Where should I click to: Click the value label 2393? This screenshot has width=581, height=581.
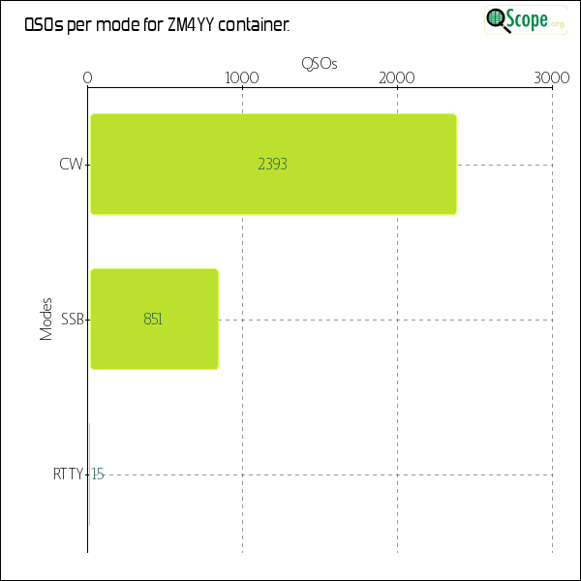272,165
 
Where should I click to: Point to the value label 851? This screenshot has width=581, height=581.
153,319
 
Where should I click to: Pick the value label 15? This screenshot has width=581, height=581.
98,474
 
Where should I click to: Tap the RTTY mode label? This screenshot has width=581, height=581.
68,474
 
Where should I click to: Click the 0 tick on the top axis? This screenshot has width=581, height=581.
88,78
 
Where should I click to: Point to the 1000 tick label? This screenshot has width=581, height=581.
241,78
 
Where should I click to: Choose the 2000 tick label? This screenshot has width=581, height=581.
397,78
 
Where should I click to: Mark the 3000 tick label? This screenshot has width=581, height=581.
552,78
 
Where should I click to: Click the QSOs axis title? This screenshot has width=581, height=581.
320,64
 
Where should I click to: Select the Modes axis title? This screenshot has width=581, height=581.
46,319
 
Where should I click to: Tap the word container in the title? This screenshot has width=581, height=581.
254,26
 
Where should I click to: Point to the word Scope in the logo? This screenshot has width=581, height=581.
529,19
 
